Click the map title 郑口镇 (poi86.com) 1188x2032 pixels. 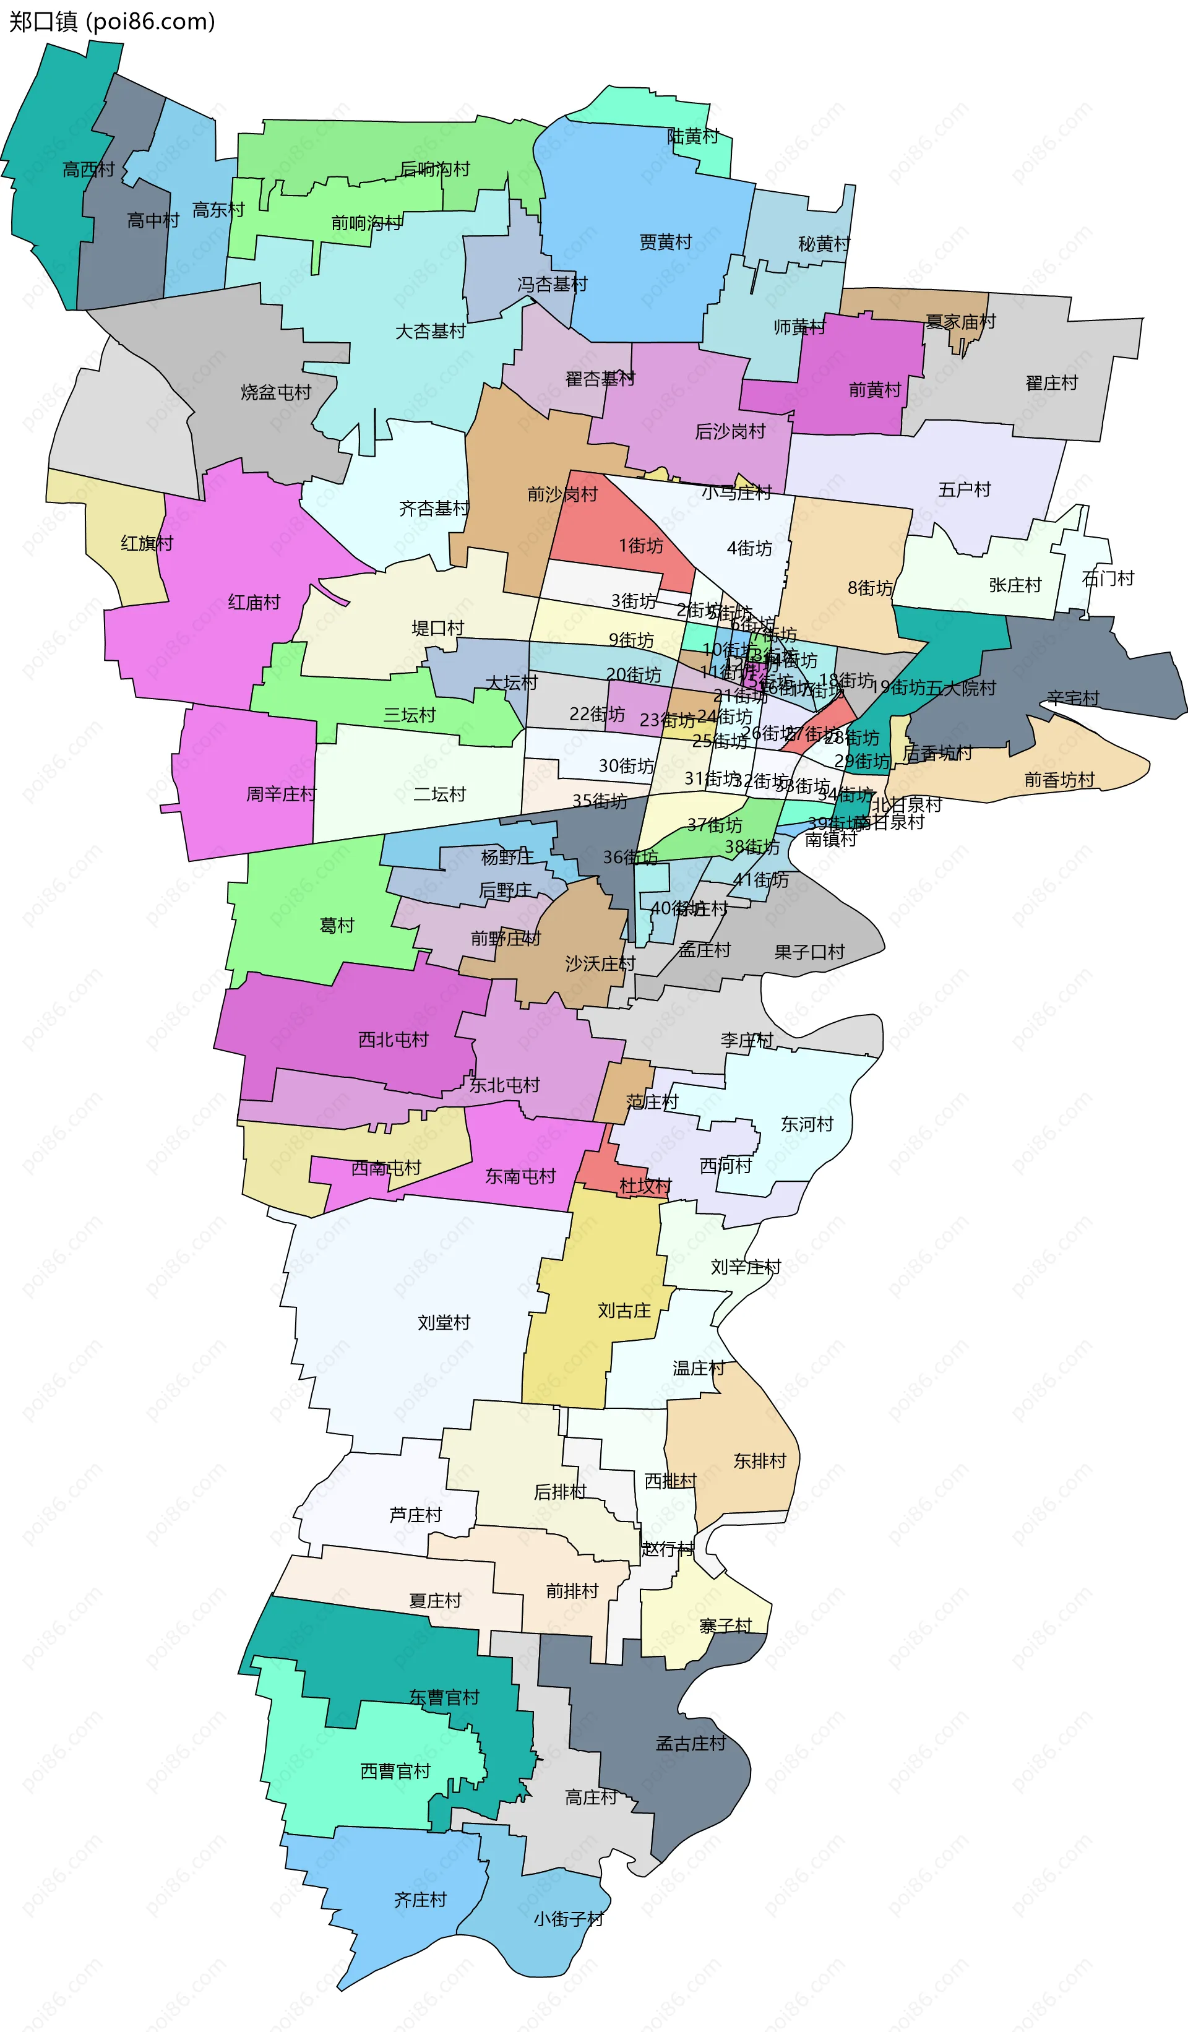point(112,21)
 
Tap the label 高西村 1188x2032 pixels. point(88,170)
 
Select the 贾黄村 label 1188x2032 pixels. point(665,242)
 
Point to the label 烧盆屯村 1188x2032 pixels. point(276,393)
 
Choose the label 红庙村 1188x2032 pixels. point(254,602)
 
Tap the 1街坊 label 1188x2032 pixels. point(641,546)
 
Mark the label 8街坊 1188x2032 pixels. point(870,588)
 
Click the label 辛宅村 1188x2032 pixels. point(1073,697)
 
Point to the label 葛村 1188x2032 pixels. point(337,926)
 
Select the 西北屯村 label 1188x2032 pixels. point(394,1040)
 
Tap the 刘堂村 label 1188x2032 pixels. point(444,1322)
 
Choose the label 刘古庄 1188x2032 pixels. point(624,1311)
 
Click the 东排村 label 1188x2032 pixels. point(760,1460)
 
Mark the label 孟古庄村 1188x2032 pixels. point(691,1743)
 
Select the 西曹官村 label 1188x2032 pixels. point(395,1771)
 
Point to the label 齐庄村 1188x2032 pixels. point(420,1900)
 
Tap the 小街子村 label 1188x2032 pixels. point(569,1919)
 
